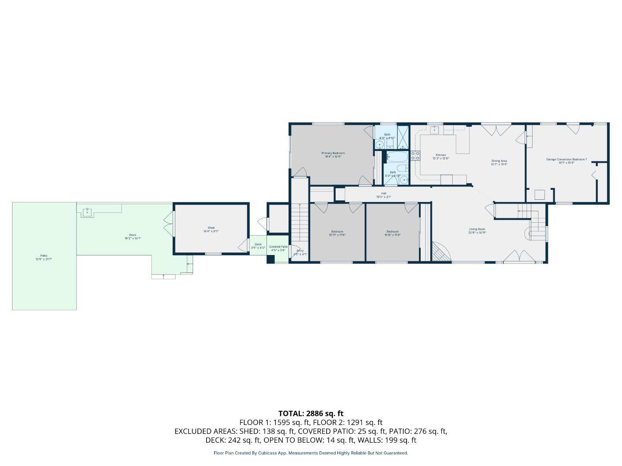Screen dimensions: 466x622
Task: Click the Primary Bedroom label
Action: pyautogui.click(x=333, y=153)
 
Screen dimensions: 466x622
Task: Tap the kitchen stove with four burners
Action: pyautogui.click(x=415, y=155)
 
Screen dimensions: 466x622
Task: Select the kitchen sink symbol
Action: pyautogui.click(x=435, y=129)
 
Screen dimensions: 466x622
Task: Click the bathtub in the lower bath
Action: pyautogui.click(x=397, y=156)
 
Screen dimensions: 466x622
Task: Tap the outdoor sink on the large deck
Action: pyautogui.click(x=88, y=211)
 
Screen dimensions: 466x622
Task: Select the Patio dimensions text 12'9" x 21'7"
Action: pyautogui.click(x=44, y=259)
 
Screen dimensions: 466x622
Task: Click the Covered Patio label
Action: pyautogui.click(x=278, y=246)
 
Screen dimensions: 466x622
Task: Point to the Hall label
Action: pyautogui.click(x=383, y=193)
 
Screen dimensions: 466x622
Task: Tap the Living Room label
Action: pyautogui.click(x=477, y=229)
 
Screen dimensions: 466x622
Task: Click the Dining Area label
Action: pyautogui.click(x=499, y=161)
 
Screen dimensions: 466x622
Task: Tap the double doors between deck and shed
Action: pyautogui.click(x=167, y=224)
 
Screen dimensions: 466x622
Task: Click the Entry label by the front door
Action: pyautogui.click(x=299, y=251)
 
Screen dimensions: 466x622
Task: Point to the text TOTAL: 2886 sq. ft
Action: pyautogui.click(x=311, y=413)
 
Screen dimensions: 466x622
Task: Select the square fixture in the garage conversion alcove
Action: pyautogui.click(x=539, y=195)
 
